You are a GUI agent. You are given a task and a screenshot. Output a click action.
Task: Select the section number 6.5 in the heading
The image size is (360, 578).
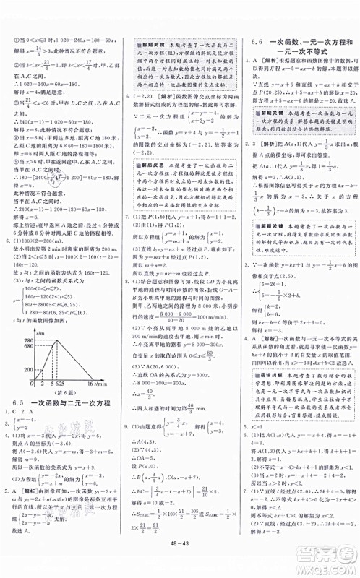20,477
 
